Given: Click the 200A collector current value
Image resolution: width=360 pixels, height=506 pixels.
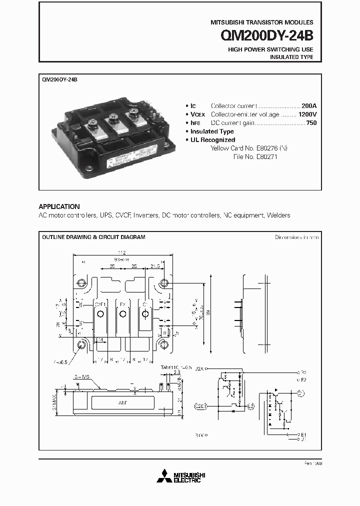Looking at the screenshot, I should point(309,106).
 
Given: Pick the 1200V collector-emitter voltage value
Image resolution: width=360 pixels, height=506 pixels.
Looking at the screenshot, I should point(307,114).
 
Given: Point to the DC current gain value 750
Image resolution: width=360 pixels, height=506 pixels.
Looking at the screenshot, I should point(310,123).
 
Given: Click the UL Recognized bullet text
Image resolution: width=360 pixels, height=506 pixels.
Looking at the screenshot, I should point(212,140).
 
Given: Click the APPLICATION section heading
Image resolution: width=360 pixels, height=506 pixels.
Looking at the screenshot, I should point(59,206).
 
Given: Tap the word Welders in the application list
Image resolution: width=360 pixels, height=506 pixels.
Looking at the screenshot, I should point(278,215).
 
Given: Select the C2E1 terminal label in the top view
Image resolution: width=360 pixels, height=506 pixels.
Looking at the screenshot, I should point(100,303).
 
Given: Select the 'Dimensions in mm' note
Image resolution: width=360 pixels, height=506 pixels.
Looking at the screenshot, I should point(296,237).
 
